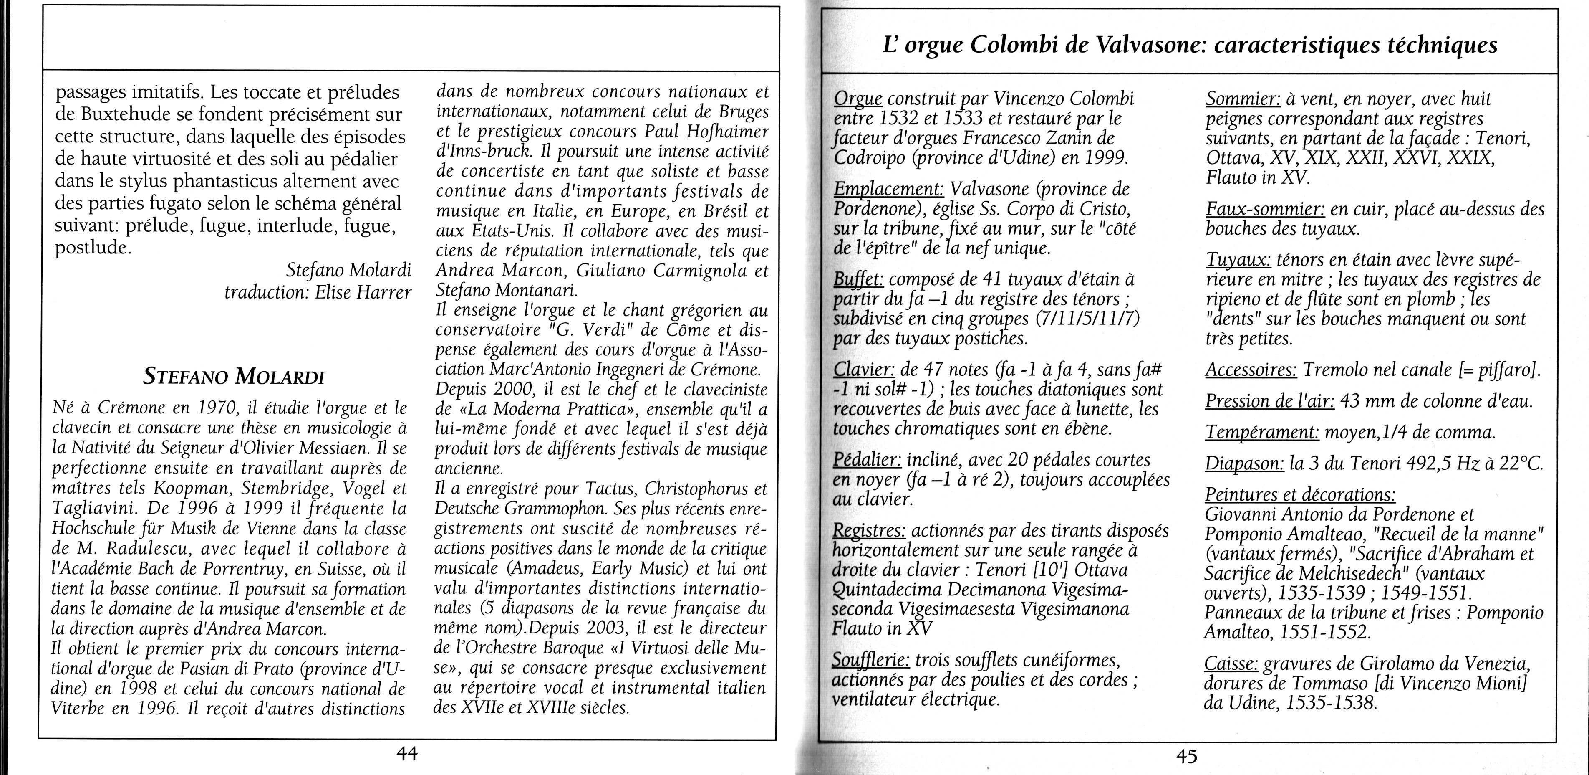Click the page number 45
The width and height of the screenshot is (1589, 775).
pos(1186,756)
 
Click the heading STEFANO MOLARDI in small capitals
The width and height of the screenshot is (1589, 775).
pos(234,376)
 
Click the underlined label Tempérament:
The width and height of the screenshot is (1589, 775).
pos(1261,433)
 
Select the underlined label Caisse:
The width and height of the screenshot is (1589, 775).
pos(1231,664)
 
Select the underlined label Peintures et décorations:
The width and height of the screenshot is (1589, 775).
pos(1300,495)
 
